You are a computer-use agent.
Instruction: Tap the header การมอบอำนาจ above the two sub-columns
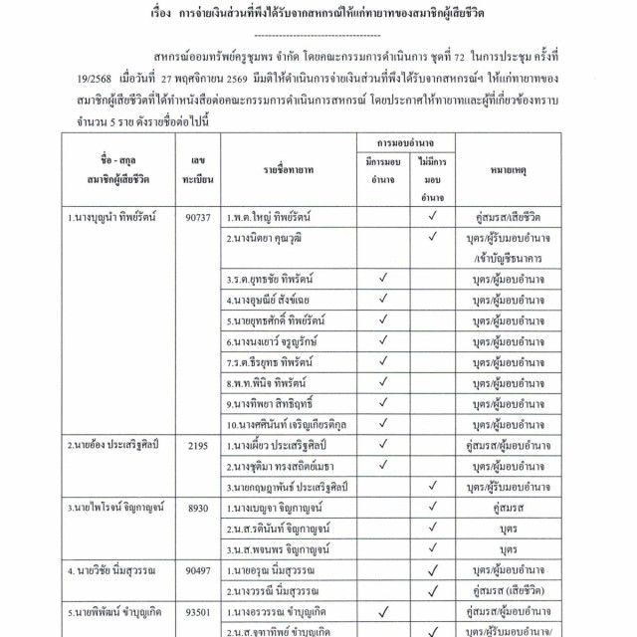click(x=397, y=144)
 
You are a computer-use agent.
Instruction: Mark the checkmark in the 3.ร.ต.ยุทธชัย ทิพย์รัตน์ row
click(x=382, y=279)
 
